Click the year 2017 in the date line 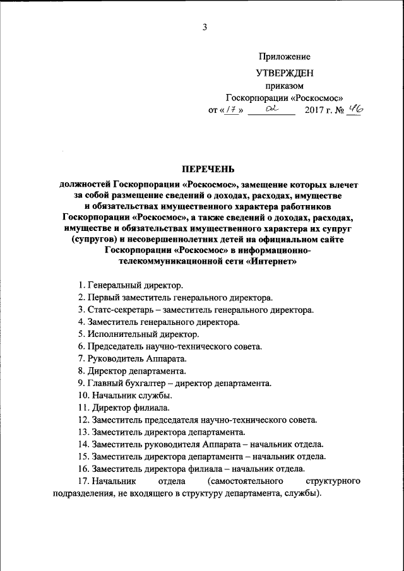pyautogui.click(x=316, y=110)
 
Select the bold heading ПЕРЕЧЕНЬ pyautogui.click(x=208, y=168)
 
